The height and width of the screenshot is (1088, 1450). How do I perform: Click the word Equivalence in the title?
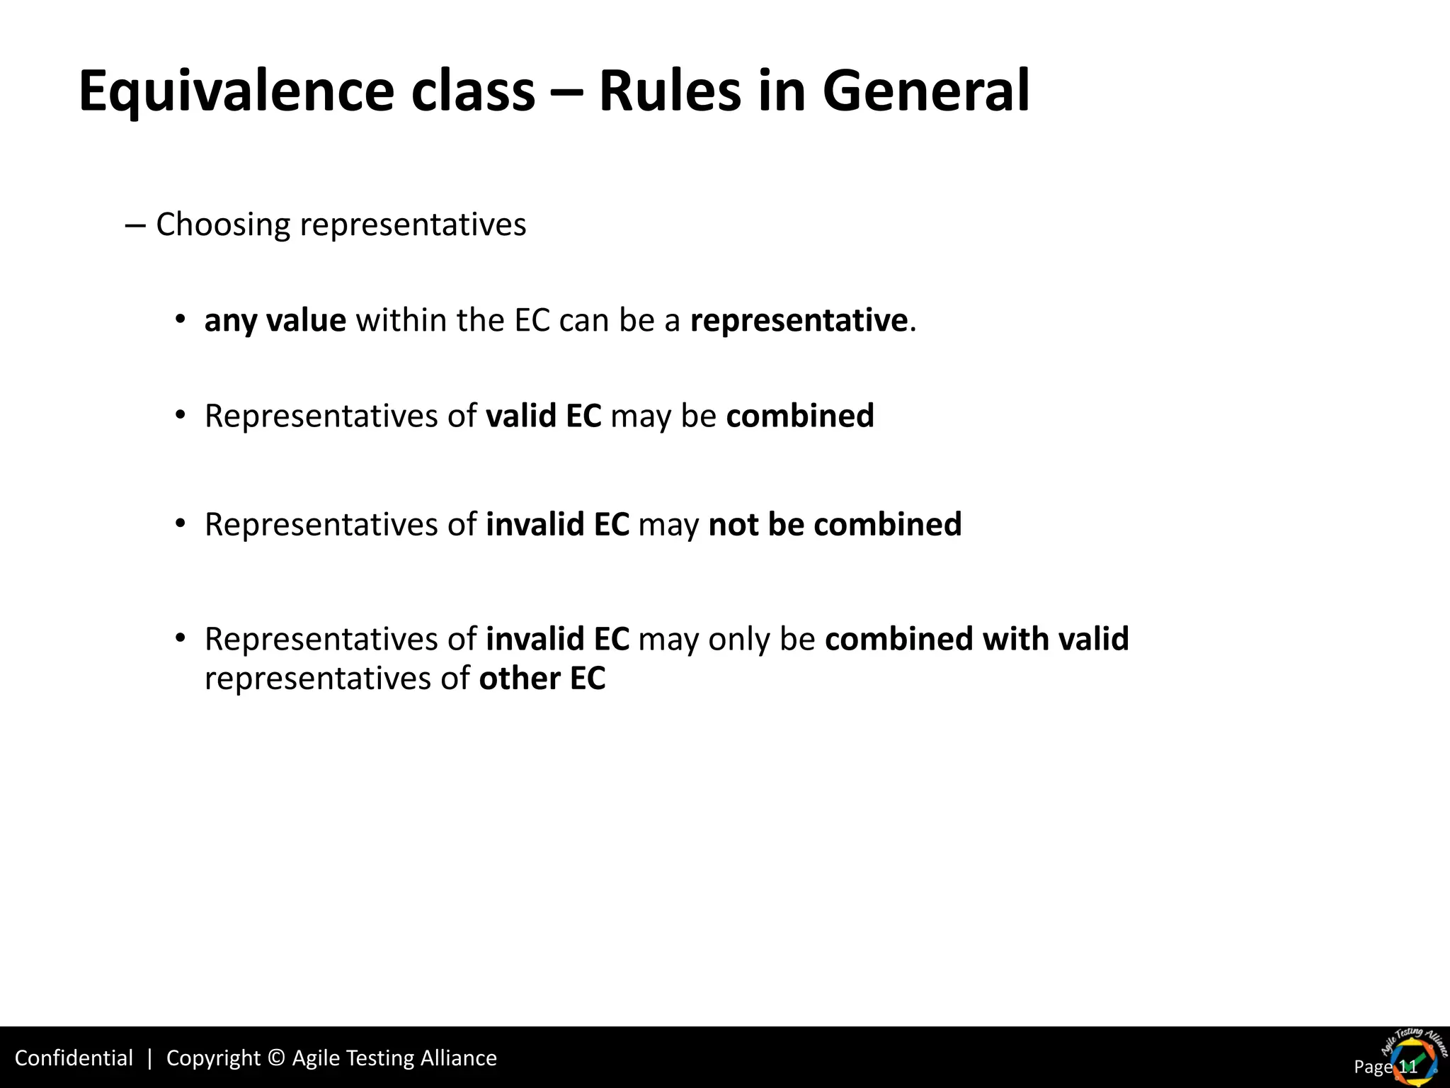pos(236,92)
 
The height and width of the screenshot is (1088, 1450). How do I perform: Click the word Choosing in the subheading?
pos(222,225)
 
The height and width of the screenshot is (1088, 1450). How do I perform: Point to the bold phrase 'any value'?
pos(275,320)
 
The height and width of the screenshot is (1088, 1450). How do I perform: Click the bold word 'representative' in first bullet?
pos(799,320)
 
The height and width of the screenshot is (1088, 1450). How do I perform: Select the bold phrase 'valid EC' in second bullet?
pos(543,416)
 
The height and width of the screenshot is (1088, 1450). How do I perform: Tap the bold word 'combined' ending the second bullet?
pos(800,416)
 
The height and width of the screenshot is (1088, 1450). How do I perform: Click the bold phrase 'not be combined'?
pos(835,525)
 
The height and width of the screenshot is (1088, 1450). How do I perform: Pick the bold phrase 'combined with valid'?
pos(976,639)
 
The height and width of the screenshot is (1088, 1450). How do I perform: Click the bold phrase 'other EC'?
pos(542,679)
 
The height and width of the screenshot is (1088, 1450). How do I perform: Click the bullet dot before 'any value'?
pos(181,319)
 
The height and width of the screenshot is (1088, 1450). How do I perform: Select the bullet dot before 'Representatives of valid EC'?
pos(181,414)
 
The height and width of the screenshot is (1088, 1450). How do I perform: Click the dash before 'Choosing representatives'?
pos(135,225)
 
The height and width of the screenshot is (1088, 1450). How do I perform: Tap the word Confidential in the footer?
pos(74,1058)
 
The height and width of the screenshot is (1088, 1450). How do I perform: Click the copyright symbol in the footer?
pos(277,1058)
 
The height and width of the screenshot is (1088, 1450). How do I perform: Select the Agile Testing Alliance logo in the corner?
pos(1412,1057)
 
